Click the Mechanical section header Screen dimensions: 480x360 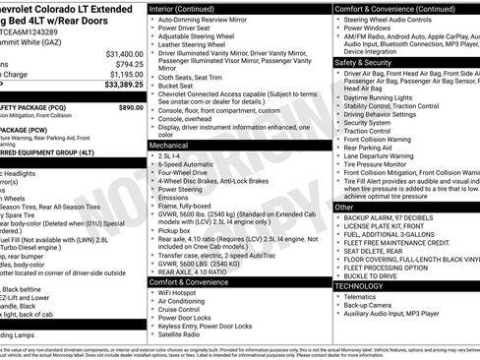(x=171, y=145)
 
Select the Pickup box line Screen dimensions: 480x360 (x=176, y=230)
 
